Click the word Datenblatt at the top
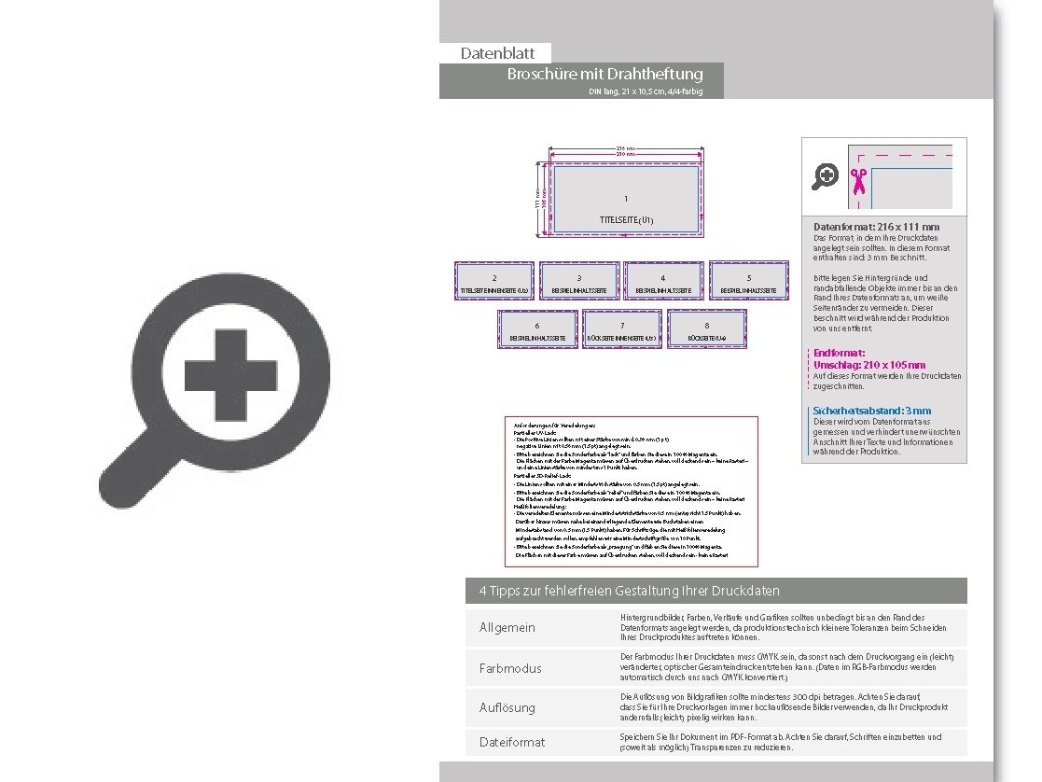pyautogui.click(x=497, y=53)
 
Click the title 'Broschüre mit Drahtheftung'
pyautogui.click(x=604, y=74)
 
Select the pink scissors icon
pyautogui.click(x=858, y=180)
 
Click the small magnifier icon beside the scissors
pyautogui.click(x=825, y=175)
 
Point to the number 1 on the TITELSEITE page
pyautogui.click(x=626, y=199)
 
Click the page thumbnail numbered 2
pyautogui.click(x=494, y=280)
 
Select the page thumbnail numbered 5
pyautogui.click(x=748, y=280)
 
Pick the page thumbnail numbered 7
pyautogui.click(x=621, y=328)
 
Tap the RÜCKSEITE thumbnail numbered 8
pyautogui.click(x=706, y=328)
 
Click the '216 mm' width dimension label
pyautogui.click(x=625, y=148)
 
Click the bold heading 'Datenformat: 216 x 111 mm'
pyautogui.click(x=876, y=227)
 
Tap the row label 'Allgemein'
pyautogui.click(x=507, y=627)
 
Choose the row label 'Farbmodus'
pyautogui.click(x=510, y=668)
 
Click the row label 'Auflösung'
pyautogui.click(x=507, y=707)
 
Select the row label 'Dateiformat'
pyautogui.click(x=512, y=742)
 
